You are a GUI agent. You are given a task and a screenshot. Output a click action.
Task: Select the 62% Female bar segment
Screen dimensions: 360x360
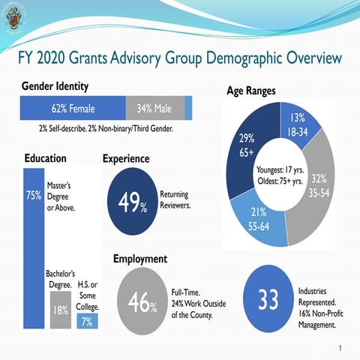click(73, 109)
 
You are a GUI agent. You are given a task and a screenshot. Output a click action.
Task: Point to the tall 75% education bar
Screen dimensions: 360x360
click(34, 247)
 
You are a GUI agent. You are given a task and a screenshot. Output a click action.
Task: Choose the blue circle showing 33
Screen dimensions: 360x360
click(268, 299)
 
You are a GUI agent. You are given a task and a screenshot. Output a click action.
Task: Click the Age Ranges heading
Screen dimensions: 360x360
click(250, 91)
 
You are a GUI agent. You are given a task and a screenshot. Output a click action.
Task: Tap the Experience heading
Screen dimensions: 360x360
click(125, 159)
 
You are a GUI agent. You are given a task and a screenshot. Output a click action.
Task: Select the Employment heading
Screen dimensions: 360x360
click(139, 259)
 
